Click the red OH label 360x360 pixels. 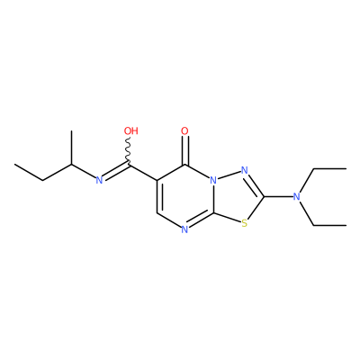[x=131, y=131]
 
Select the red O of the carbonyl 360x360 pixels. [x=185, y=131]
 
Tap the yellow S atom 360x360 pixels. [x=245, y=223]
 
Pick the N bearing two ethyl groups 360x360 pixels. [x=296, y=197]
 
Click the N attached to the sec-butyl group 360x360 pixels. [x=99, y=180]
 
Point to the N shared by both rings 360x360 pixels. [x=213, y=180]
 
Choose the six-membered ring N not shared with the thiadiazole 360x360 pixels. [x=184, y=229]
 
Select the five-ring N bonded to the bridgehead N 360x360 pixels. [x=245, y=171]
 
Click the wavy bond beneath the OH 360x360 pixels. [x=129, y=151]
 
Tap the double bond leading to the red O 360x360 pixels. [x=185, y=150]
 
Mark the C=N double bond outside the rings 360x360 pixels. [x=116, y=171]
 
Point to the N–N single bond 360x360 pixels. [x=229, y=175]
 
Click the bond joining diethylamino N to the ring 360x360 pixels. [x=278, y=197]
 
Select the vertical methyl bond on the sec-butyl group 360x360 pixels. [x=71, y=148]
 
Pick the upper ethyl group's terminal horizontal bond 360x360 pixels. [x=329, y=169]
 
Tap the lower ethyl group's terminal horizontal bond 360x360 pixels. [x=329, y=225]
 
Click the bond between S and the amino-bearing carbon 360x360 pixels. [x=256, y=208]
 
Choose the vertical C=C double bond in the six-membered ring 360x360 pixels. [x=158, y=197]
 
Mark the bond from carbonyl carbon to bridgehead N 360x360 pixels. [x=198, y=172]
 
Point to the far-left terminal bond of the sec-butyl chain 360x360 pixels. [x=29, y=172]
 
